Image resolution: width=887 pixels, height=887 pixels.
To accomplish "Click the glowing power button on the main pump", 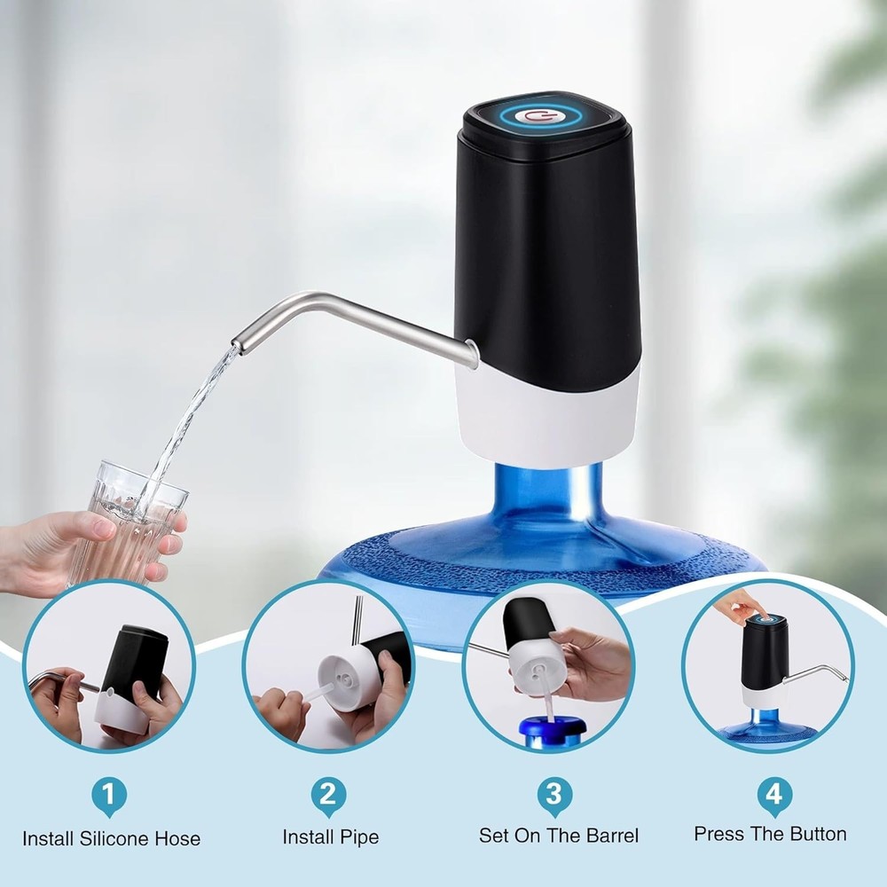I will [533, 114].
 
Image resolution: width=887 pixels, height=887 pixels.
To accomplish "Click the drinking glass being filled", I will [133, 523].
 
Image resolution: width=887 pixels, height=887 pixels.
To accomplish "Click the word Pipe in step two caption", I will [358, 836].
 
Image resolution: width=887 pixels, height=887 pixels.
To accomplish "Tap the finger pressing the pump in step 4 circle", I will [745, 608].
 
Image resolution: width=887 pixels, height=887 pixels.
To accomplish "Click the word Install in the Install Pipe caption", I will [307, 836].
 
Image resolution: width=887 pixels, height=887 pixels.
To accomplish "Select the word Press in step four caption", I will [718, 834].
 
